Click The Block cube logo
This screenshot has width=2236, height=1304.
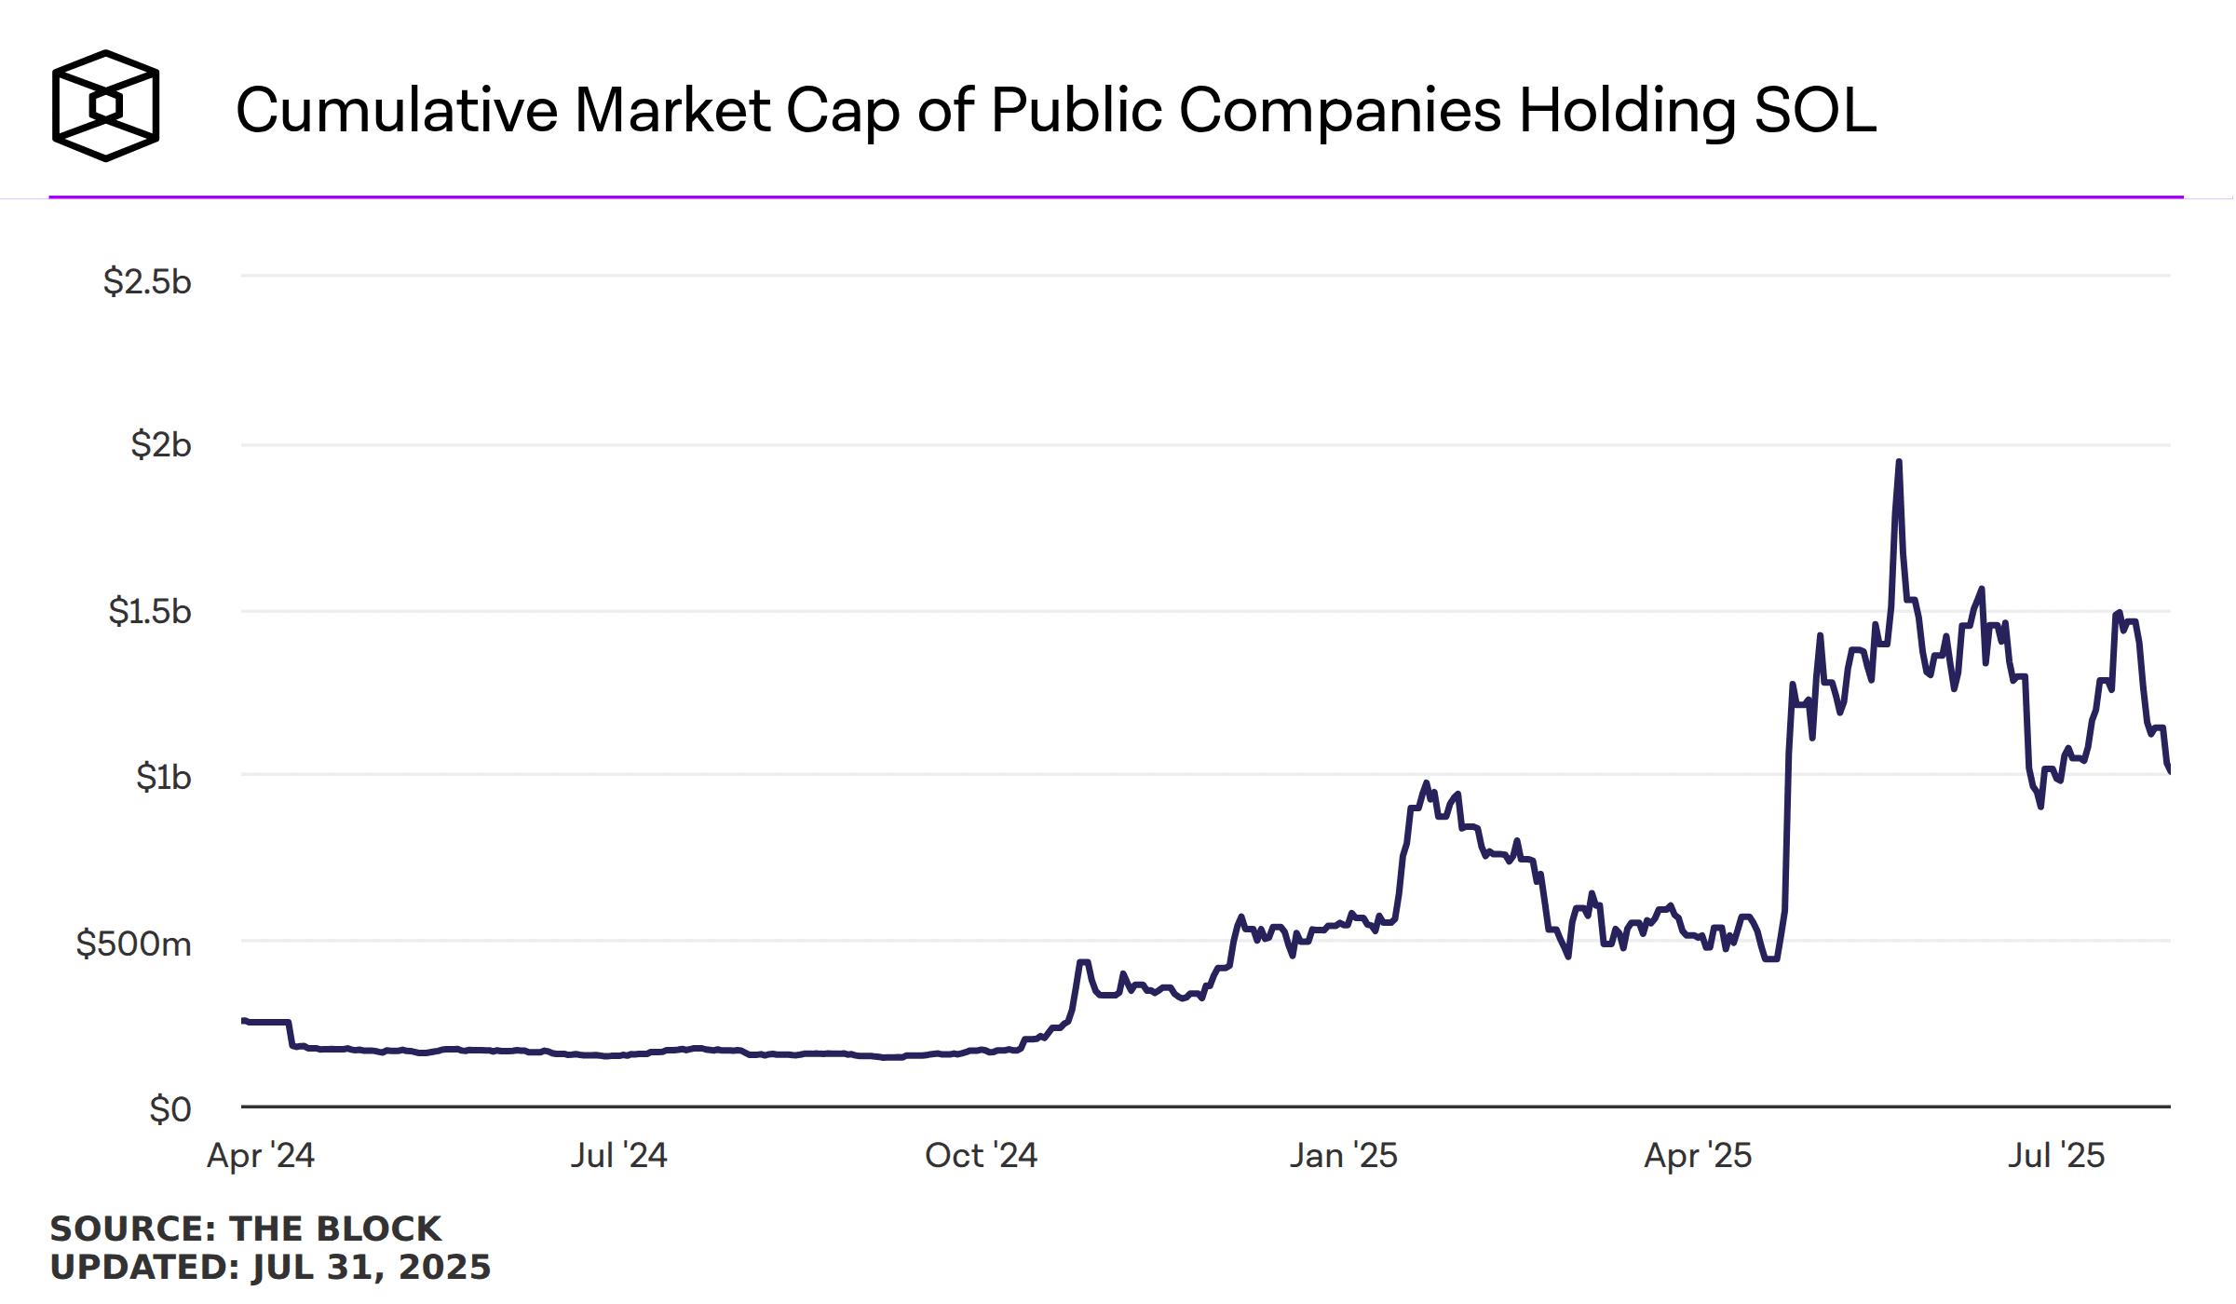[105, 105]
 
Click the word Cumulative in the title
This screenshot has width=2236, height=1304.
[396, 110]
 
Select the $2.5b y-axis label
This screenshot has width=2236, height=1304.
[147, 281]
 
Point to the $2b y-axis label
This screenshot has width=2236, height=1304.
[161, 444]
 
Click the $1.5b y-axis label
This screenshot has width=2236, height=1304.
[150, 611]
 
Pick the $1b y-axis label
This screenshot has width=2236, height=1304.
[164, 776]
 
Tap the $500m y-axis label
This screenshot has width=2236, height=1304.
[133, 944]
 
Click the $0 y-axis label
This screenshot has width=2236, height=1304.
[170, 1108]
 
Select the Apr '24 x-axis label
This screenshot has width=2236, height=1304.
[261, 1155]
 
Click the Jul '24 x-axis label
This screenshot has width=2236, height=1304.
[618, 1155]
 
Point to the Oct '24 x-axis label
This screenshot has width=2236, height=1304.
[981, 1155]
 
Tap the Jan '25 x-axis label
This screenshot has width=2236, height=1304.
[1343, 1155]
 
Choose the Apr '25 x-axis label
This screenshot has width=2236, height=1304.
[1698, 1155]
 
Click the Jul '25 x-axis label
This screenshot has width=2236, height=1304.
[2056, 1155]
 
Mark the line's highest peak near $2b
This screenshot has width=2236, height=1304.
[1899, 463]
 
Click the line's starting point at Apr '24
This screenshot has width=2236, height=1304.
[244, 1021]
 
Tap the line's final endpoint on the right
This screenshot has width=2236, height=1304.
[2169, 769]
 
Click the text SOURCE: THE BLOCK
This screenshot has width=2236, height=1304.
[245, 1229]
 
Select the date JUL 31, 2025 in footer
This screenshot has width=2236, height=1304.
[371, 1267]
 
